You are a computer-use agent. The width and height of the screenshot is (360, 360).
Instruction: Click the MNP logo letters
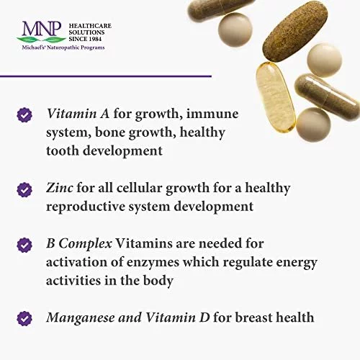tap(42, 29)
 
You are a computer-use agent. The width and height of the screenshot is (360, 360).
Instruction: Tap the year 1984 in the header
tap(95, 39)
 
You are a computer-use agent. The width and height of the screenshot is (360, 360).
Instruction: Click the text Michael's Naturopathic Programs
tap(63, 48)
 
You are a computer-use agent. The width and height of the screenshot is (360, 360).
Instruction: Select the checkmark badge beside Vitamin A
tap(24, 115)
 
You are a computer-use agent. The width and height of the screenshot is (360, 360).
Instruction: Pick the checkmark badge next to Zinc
tap(24, 190)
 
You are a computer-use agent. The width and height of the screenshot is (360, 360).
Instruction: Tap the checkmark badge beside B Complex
tap(24, 245)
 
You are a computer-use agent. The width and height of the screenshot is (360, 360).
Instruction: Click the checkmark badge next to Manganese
tap(24, 319)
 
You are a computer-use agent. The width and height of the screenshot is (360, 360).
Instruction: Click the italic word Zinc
tap(60, 188)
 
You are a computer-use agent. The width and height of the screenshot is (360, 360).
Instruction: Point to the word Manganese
tap(81, 318)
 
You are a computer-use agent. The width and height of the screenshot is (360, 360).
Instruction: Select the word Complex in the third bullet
tap(85, 244)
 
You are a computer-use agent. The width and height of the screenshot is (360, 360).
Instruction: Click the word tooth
tap(62, 150)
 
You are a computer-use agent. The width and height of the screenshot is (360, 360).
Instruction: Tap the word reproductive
tap(85, 207)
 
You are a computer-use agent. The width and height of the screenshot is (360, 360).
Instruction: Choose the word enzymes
tap(153, 263)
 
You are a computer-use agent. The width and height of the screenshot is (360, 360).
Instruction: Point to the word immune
tap(212, 114)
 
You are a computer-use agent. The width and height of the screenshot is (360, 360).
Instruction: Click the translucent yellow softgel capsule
tap(275, 96)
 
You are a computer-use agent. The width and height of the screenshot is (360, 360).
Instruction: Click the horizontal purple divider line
tap(106, 76)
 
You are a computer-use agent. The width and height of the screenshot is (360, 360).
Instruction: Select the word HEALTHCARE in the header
tap(90, 26)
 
